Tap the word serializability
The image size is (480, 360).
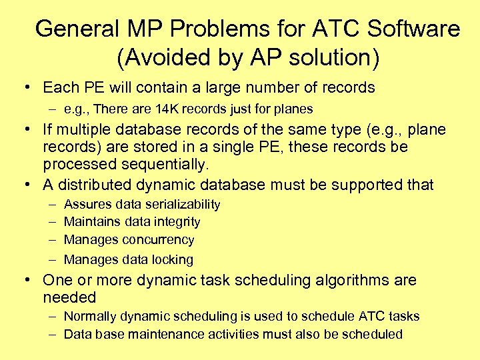pos(181,204)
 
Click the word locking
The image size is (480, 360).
pos(171,259)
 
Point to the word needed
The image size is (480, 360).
pos(69,297)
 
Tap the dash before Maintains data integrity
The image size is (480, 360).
pos(51,222)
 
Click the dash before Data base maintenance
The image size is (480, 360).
pos(51,334)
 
